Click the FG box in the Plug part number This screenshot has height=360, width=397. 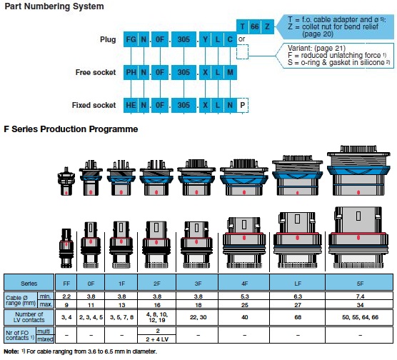[131, 39]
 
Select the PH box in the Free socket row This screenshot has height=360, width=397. [131, 72]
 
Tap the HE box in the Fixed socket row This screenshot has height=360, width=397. [131, 105]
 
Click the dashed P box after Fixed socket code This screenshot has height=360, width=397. [243, 105]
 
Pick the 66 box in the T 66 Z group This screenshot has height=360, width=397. [255, 26]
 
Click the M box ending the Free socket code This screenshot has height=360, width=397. [230, 72]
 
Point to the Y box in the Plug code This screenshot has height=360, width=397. [206, 39]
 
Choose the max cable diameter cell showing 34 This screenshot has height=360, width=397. [360, 304]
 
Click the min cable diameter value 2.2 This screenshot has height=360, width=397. [66, 296]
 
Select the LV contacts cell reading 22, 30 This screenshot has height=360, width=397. [198, 317]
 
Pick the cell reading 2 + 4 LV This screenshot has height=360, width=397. [157, 339]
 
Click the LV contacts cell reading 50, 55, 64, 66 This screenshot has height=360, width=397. [360, 317]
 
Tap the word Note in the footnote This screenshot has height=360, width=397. [11, 351]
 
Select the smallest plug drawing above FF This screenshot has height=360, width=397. [66, 249]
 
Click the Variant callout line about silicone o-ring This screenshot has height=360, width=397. [338, 63]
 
